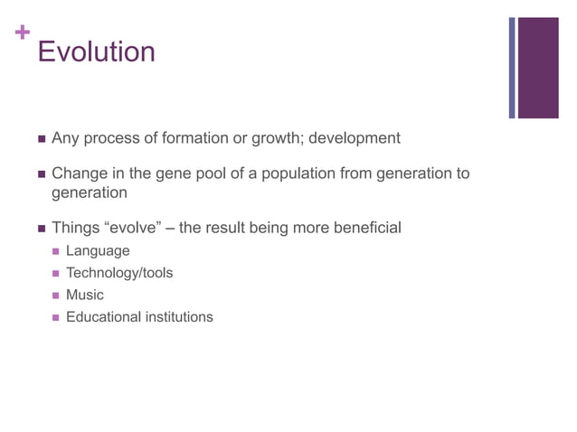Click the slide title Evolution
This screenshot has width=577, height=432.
tap(96, 52)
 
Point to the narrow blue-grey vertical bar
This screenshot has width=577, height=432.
tap(511, 68)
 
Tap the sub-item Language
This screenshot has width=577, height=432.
tap(98, 250)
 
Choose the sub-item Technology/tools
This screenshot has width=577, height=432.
tap(119, 273)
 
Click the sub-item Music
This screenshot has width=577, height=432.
tap(85, 295)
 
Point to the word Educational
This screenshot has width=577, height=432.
tap(103, 316)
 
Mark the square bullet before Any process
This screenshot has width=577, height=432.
tap(40, 139)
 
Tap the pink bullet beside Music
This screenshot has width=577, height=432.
tap(56, 296)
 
